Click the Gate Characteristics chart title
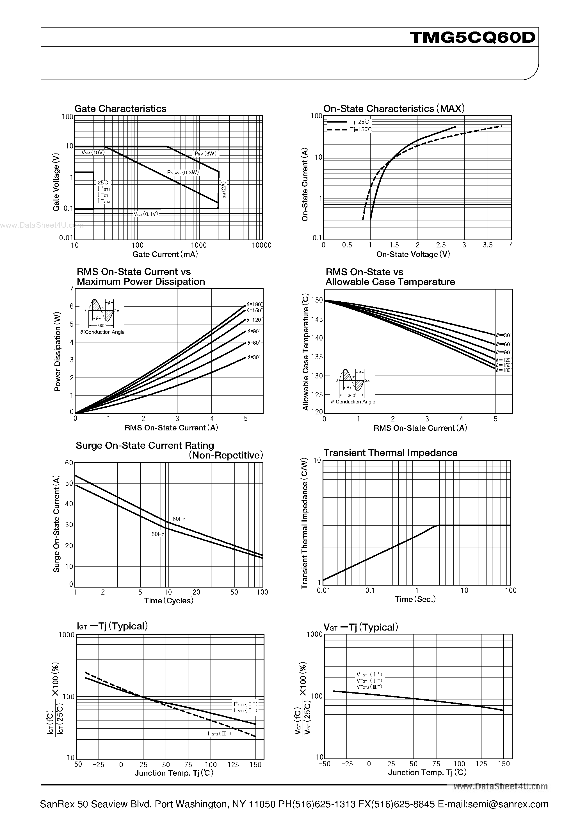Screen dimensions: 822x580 [120, 109]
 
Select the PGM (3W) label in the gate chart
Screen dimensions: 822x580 [205, 153]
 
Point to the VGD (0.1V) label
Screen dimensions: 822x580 [145, 214]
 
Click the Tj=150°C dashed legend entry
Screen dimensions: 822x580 [361, 130]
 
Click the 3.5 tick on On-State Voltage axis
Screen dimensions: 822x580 [488, 245]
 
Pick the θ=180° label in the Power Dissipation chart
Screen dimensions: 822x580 [254, 304]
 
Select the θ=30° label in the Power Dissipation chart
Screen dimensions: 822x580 [254, 357]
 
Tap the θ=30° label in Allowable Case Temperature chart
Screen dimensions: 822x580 [503, 335]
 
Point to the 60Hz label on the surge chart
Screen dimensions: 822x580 [179, 519]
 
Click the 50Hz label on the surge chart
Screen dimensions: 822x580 [158, 534]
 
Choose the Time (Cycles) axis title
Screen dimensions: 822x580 [168, 601]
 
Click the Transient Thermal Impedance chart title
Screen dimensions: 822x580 [390, 453]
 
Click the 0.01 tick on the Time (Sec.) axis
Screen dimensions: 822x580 [324, 590]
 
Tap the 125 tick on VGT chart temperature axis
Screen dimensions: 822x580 [481, 764]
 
